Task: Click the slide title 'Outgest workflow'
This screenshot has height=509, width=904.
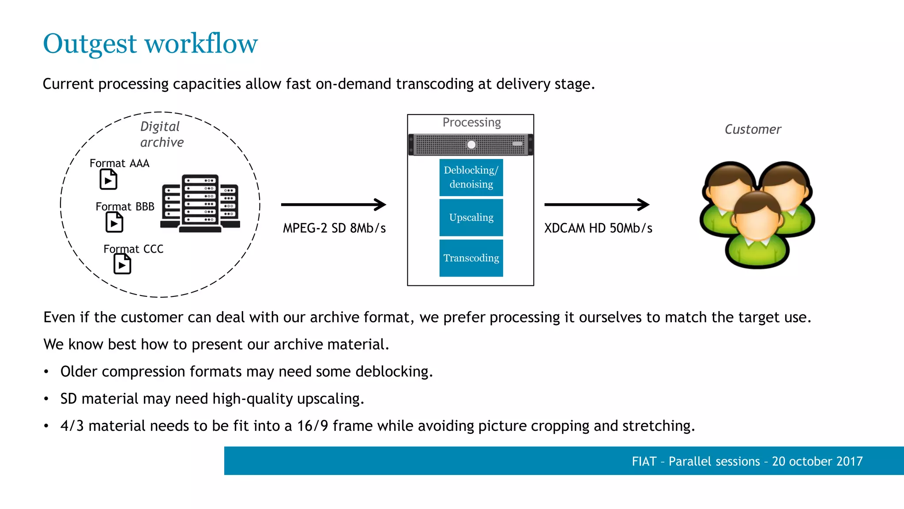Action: (150, 44)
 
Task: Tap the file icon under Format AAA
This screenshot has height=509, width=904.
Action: (108, 180)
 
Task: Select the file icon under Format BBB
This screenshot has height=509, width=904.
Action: (114, 222)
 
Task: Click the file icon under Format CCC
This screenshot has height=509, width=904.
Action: (122, 265)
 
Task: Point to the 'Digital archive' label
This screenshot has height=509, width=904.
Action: (161, 134)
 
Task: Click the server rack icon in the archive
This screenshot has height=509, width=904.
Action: (200, 203)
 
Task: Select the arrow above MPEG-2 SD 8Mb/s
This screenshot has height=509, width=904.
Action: (333, 205)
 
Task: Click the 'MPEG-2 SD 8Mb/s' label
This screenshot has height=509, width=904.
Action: (334, 228)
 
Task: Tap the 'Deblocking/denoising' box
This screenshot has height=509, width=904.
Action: (471, 177)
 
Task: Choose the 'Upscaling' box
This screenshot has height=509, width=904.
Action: (471, 217)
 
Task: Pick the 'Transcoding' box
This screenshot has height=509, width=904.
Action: (471, 258)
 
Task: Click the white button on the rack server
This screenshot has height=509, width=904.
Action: (471, 144)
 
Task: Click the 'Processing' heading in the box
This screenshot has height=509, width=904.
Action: (471, 122)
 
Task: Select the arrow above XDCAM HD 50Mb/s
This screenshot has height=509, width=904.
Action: (596, 205)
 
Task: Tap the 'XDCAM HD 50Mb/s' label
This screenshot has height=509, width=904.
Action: (598, 228)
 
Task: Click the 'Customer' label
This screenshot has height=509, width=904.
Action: (753, 129)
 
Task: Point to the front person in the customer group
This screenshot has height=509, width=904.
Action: (757, 230)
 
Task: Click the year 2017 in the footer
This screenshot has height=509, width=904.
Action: (849, 461)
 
